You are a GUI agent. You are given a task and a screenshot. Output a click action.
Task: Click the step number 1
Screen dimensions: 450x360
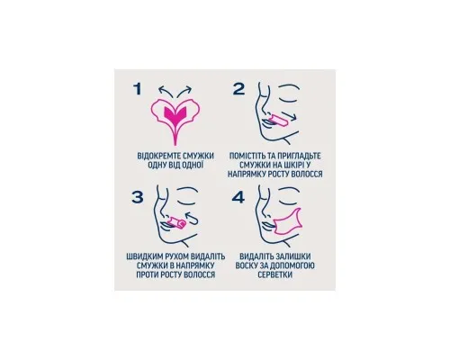pyautogui.click(x=138, y=89)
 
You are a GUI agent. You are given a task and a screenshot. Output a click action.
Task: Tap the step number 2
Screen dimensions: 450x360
pyautogui.click(x=238, y=89)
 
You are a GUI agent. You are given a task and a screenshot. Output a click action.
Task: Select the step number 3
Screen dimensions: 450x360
pyautogui.click(x=138, y=197)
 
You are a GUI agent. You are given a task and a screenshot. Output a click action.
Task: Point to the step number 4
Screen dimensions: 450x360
pyautogui.click(x=238, y=197)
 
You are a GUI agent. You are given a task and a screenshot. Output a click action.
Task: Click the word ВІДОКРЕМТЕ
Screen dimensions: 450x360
pyautogui.click(x=158, y=156)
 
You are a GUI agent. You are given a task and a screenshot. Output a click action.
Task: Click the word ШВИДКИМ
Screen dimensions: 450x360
pyautogui.click(x=144, y=256)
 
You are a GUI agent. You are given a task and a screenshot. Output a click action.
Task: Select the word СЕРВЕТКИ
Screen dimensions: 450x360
pyautogui.click(x=274, y=274)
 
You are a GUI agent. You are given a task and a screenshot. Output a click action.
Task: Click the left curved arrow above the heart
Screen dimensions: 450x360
pyautogui.click(x=166, y=90)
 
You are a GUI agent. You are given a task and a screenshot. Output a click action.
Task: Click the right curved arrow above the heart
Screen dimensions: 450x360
pyautogui.click(x=184, y=90)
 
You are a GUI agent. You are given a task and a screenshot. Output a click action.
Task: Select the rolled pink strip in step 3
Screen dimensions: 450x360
pyautogui.click(x=177, y=223)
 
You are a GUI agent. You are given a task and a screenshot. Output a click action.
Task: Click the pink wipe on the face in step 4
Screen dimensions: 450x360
pyautogui.click(x=286, y=221)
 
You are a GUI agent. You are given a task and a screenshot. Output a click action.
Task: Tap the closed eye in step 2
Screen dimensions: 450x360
pyautogui.click(x=289, y=94)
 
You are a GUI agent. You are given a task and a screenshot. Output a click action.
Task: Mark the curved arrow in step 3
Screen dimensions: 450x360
pyautogui.click(x=192, y=218)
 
